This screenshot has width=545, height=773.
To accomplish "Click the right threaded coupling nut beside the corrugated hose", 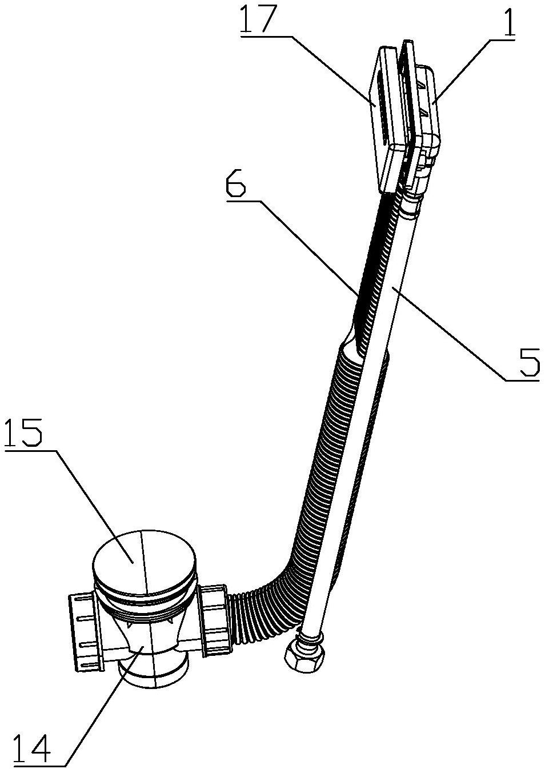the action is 215,614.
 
